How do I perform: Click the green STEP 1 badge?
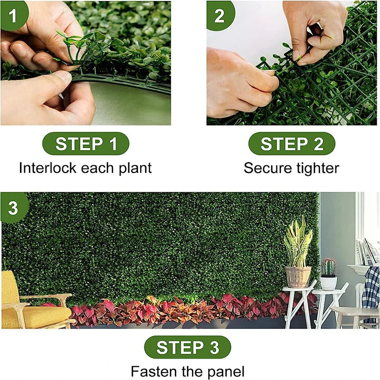[x=86, y=144]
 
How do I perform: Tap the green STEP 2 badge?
[x=292, y=144]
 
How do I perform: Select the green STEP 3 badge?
[x=188, y=347]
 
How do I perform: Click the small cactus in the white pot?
[x=328, y=268]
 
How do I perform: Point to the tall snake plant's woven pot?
[x=298, y=276]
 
